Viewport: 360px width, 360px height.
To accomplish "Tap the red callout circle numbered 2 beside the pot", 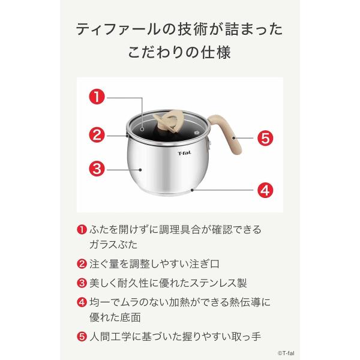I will tap(97, 134).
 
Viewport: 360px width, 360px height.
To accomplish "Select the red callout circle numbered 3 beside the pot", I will tap(97, 167).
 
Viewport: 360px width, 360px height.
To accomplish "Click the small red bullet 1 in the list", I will tap(80, 230).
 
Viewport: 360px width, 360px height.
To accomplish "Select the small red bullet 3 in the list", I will tap(80, 282).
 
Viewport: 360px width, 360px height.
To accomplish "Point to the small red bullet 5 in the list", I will tap(80, 337).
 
